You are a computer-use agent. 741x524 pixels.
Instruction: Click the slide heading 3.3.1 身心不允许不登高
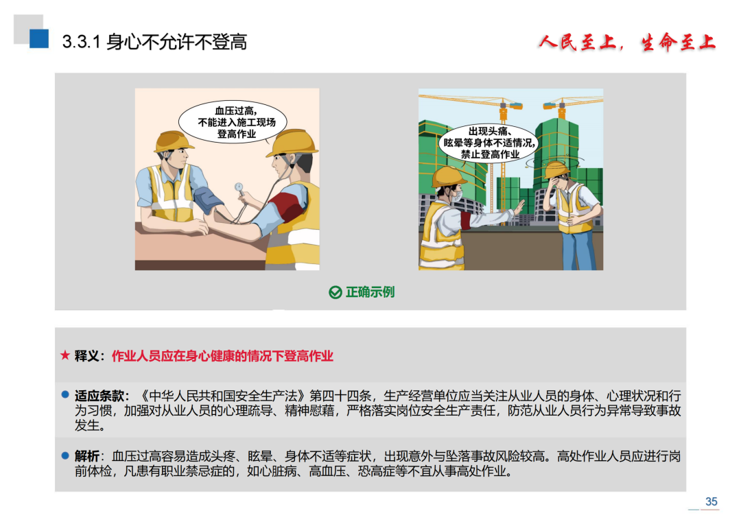[x=154, y=42]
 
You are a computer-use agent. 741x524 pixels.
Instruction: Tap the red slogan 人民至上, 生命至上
[x=627, y=43]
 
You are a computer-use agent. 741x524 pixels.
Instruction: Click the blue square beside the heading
[x=39, y=38]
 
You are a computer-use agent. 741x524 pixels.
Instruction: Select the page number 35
[x=711, y=501]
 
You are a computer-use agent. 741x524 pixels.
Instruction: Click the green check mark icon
[x=335, y=292]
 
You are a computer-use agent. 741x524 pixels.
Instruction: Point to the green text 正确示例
[x=370, y=292]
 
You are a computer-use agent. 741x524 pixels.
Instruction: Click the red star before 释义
[x=65, y=355]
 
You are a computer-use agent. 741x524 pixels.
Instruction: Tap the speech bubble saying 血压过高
[x=233, y=122]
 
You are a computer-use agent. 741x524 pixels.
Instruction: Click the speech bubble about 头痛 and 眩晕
[x=489, y=143]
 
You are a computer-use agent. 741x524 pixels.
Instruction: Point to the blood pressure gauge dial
[x=239, y=187]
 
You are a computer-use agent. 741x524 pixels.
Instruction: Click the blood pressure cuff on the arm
[x=207, y=200]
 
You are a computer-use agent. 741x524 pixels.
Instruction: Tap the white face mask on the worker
[x=457, y=195]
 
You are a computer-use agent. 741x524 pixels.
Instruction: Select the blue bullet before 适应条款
[x=66, y=394]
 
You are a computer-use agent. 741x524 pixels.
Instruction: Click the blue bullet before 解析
[x=66, y=455]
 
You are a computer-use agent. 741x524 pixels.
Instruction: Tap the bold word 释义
[x=86, y=355]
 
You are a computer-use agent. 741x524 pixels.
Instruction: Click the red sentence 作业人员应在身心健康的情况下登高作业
[x=222, y=355]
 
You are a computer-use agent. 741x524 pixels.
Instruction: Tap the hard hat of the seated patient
[x=173, y=141]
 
